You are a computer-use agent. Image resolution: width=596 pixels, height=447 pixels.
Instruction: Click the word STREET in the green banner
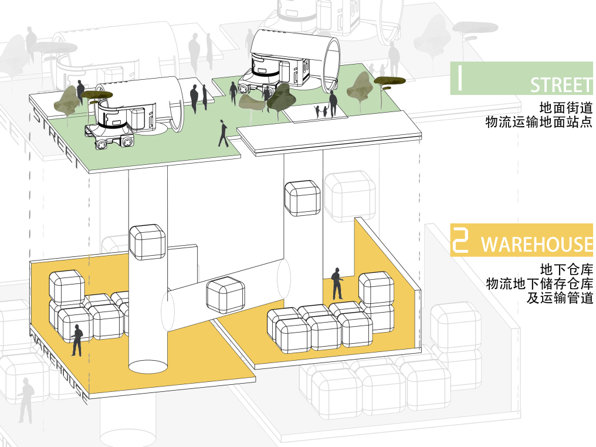[x=560, y=85]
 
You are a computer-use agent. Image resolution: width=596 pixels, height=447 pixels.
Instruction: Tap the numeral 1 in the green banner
[x=460, y=79]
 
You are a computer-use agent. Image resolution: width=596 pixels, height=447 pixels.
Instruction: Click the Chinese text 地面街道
[x=566, y=108]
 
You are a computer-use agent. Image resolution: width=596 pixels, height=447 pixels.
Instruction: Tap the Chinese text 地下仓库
[x=566, y=270]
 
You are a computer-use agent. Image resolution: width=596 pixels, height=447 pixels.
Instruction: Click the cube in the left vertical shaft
[x=147, y=241]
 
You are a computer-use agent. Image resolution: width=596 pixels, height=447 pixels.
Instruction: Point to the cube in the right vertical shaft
[x=302, y=198]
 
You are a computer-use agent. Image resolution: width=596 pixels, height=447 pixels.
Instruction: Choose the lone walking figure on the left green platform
[x=223, y=133]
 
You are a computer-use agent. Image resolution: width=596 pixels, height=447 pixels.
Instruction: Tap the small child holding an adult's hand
[x=319, y=110]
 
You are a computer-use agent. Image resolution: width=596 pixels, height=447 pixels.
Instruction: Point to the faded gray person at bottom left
[x=25, y=401]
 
